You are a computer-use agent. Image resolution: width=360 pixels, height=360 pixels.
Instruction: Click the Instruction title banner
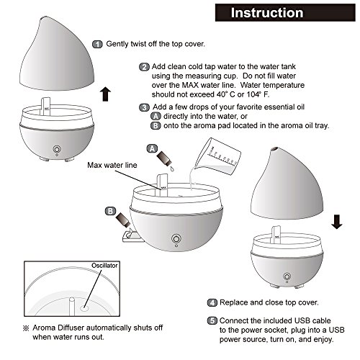tap(285, 13)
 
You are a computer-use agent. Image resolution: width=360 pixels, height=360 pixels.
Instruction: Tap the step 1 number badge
tap(97, 44)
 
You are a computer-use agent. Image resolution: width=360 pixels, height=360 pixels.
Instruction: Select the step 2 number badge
tap(144, 67)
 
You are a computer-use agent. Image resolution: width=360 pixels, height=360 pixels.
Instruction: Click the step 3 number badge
tap(144, 107)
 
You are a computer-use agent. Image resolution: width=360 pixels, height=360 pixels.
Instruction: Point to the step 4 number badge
tap(212, 302)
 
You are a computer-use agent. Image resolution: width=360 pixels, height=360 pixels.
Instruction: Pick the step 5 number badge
tap(212, 320)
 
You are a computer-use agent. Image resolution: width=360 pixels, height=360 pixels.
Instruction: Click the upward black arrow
tap(105, 94)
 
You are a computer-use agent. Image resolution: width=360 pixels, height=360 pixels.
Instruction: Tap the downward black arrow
tap(337, 222)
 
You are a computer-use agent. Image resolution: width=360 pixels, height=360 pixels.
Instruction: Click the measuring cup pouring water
tap(218, 156)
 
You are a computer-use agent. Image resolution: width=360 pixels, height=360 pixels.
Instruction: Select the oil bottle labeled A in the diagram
tap(163, 158)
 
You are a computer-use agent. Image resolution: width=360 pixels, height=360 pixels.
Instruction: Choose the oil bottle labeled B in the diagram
tap(123, 220)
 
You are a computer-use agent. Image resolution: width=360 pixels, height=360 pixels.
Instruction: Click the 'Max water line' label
tap(112, 165)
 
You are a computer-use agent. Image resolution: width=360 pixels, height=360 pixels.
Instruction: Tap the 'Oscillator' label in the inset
tap(104, 266)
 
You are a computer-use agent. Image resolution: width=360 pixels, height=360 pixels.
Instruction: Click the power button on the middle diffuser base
tap(176, 239)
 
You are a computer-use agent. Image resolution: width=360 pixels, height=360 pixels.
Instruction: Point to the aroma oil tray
tap(132, 236)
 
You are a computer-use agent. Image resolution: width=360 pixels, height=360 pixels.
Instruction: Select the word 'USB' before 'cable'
tap(303, 320)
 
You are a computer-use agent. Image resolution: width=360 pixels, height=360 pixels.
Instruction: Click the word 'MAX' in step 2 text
tap(190, 85)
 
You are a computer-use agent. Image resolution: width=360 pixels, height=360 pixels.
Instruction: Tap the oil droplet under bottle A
tap(172, 168)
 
